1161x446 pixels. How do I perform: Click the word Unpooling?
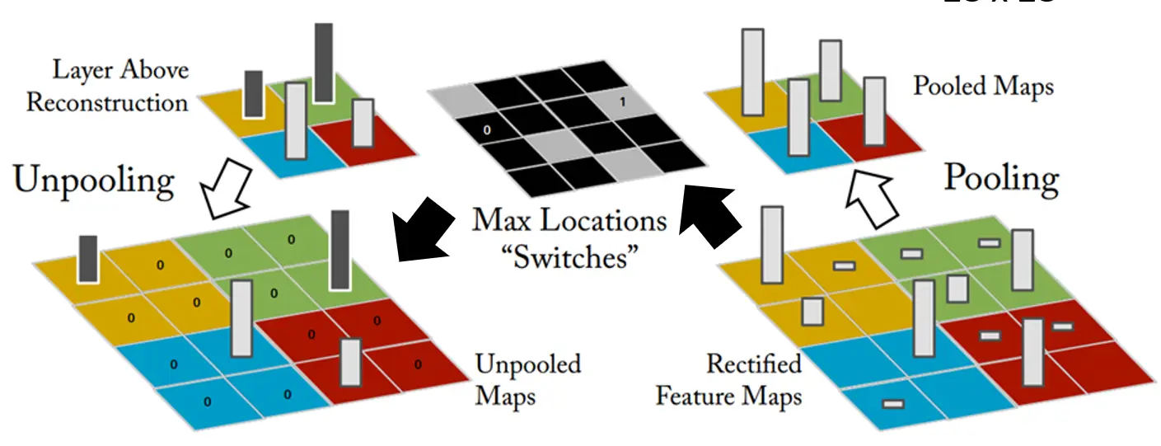coord(93,181)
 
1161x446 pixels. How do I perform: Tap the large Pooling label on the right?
coord(1000,178)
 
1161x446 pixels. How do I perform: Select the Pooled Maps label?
coord(982,86)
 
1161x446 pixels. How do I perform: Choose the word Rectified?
coord(753,364)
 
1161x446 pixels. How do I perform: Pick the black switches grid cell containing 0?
coord(487,129)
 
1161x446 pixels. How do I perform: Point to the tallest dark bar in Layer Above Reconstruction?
coord(323,63)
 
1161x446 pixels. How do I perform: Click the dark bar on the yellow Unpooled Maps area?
coord(88,258)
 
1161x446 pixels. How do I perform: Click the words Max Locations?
coord(569,222)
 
